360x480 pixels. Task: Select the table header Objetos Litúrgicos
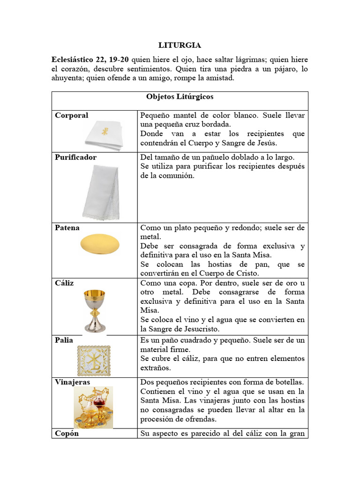tap(180, 97)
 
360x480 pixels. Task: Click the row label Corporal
tap(71, 115)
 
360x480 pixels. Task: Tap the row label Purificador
tap(75, 157)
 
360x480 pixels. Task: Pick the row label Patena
tap(67, 228)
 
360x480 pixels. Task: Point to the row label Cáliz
tap(64, 283)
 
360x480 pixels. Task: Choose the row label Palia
tap(64, 340)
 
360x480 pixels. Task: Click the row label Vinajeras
tap(72, 382)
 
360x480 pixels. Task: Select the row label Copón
tap(67, 434)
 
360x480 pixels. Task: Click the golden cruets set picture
tap(93, 406)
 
